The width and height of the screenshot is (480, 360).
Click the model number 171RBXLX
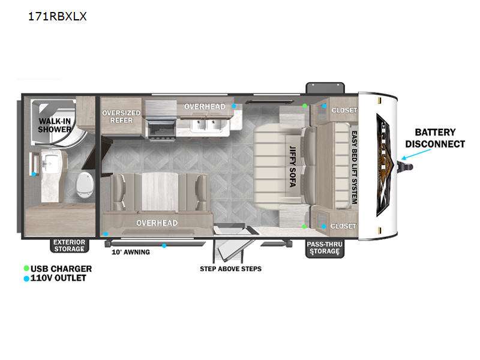57,16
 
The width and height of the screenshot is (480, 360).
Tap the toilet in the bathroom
85,184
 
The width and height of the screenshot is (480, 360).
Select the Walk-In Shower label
55,125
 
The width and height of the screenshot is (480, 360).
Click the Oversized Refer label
121,116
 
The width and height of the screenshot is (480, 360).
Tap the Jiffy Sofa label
293,166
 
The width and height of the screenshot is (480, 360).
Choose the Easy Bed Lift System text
354,167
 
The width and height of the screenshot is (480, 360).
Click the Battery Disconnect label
435,138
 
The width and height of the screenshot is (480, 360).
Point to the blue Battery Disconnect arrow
416,155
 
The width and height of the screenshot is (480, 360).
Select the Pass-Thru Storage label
325,248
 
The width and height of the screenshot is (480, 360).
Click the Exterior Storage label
69,245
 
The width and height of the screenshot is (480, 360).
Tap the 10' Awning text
131,252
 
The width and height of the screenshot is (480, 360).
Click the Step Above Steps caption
231,269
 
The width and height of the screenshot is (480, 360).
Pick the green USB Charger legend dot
26,268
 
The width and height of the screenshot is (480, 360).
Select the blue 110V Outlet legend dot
26,278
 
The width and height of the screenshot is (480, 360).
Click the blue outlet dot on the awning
164,245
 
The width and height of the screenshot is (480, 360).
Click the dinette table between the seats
160,191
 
